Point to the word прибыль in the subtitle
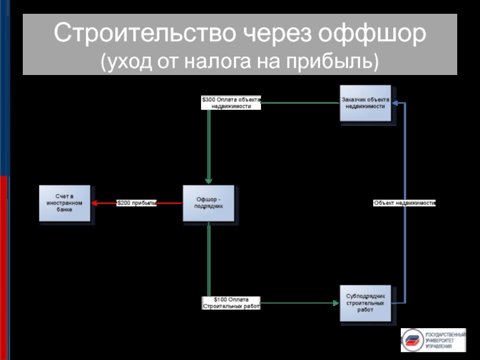[x=332, y=61]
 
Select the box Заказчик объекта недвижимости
[x=365, y=103]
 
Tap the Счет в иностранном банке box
[x=65, y=203]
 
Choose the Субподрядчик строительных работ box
[x=365, y=303]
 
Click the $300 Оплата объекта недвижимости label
[x=231, y=103]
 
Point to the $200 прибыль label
[x=137, y=203]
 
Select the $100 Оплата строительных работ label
[x=231, y=303]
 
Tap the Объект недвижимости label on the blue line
[x=404, y=203]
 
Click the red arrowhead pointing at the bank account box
[x=95, y=203]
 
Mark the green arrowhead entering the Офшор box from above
[x=208, y=182]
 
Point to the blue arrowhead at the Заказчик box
[x=397, y=103]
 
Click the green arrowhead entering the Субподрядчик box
[x=336, y=303]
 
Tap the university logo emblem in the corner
[x=412, y=340]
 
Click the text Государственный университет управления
[x=445, y=340]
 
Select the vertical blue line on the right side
[x=405, y=252]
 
